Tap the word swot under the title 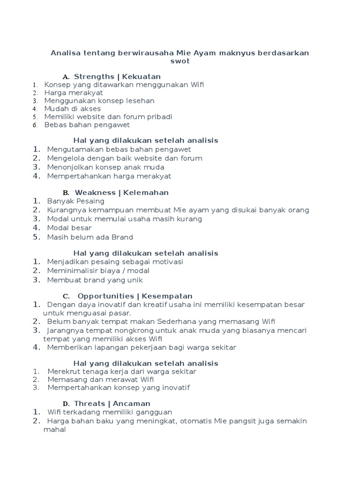pyautogui.click(x=180, y=61)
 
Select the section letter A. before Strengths pyautogui.click(x=66, y=77)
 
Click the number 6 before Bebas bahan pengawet pyautogui.click(x=35, y=125)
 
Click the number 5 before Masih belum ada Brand pyautogui.click(x=36, y=237)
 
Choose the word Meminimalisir pyautogui.click(x=71, y=271)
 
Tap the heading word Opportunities pyautogui.click(x=106, y=296)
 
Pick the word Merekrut pyautogui.click(x=63, y=372)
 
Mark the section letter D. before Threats pyautogui.click(x=66, y=404)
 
